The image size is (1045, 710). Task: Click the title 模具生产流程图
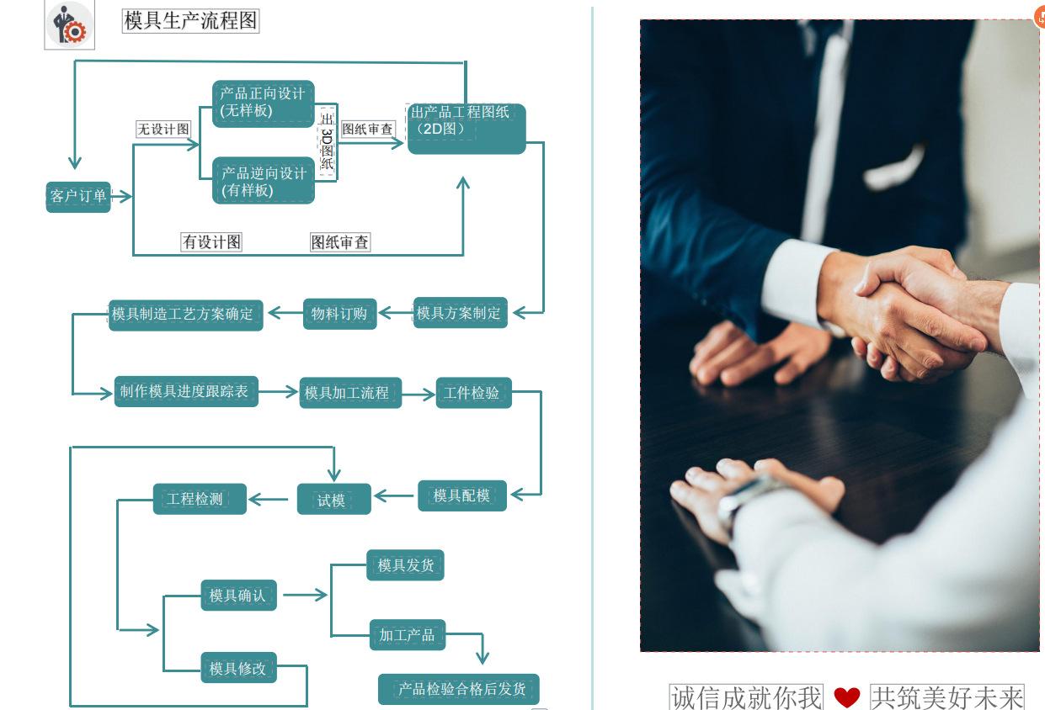pyautogui.click(x=190, y=20)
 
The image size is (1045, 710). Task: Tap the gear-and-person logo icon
pyautogui.click(x=70, y=24)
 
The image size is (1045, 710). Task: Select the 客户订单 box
pyautogui.click(x=78, y=197)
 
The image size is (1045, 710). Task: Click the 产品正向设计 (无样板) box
pyautogui.click(x=263, y=103)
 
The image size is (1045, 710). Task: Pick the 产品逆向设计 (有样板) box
pyautogui.click(x=263, y=180)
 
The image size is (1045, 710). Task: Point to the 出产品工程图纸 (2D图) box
pyautogui.click(x=467, y=129)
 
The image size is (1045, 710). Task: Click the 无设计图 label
pyautogui.click(x=163, y=129)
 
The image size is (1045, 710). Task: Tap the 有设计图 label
pyautogui.click(x=211, y=242)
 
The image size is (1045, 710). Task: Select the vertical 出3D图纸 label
pyautogui.click(x=327, y=141)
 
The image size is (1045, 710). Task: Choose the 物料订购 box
pyautogui.click(x=339, y=314)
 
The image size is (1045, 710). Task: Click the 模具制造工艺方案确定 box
pyautogui.click(x=185, y=315)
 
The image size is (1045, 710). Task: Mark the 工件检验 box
pyautogui.click(x=473, y=393)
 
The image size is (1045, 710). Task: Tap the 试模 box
pyautogui.click(x=334, y=500)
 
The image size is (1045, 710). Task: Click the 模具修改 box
pyautogui.click(x=238, y=668)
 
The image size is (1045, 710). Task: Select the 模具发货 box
pyautogui.click(x=405, y=565)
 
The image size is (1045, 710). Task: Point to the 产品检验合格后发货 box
pyautogui.click(x=459, y=689)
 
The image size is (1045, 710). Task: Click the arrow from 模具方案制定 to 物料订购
pyautogui.click(x=396, y=313)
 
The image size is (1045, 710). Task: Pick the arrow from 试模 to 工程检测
pyautogui.click(x=269, y=500)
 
